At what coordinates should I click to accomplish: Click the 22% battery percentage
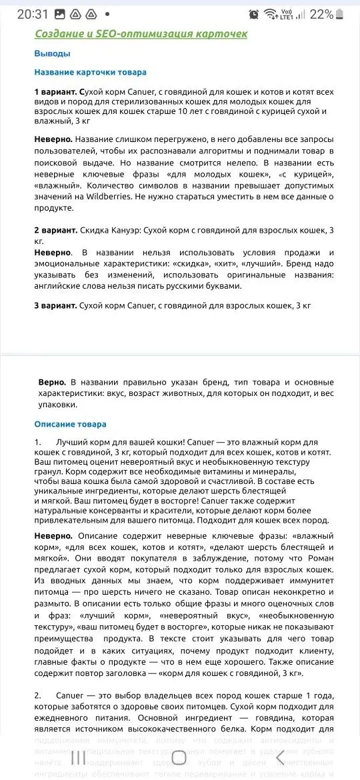click(321, 14)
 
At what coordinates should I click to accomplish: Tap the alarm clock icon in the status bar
click(253, 14)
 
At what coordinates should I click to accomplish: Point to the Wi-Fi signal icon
click(270, 14)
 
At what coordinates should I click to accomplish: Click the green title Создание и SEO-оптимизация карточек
click(141, 33)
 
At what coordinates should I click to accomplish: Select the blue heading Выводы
click(52, 53)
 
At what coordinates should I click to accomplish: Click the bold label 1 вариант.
click(55, 91)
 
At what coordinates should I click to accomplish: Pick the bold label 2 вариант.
click(55, 230)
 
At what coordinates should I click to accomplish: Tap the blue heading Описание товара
click(70, 424)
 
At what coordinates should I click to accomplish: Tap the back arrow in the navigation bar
click(280, 757)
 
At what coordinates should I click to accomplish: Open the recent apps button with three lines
click(78, 757)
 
